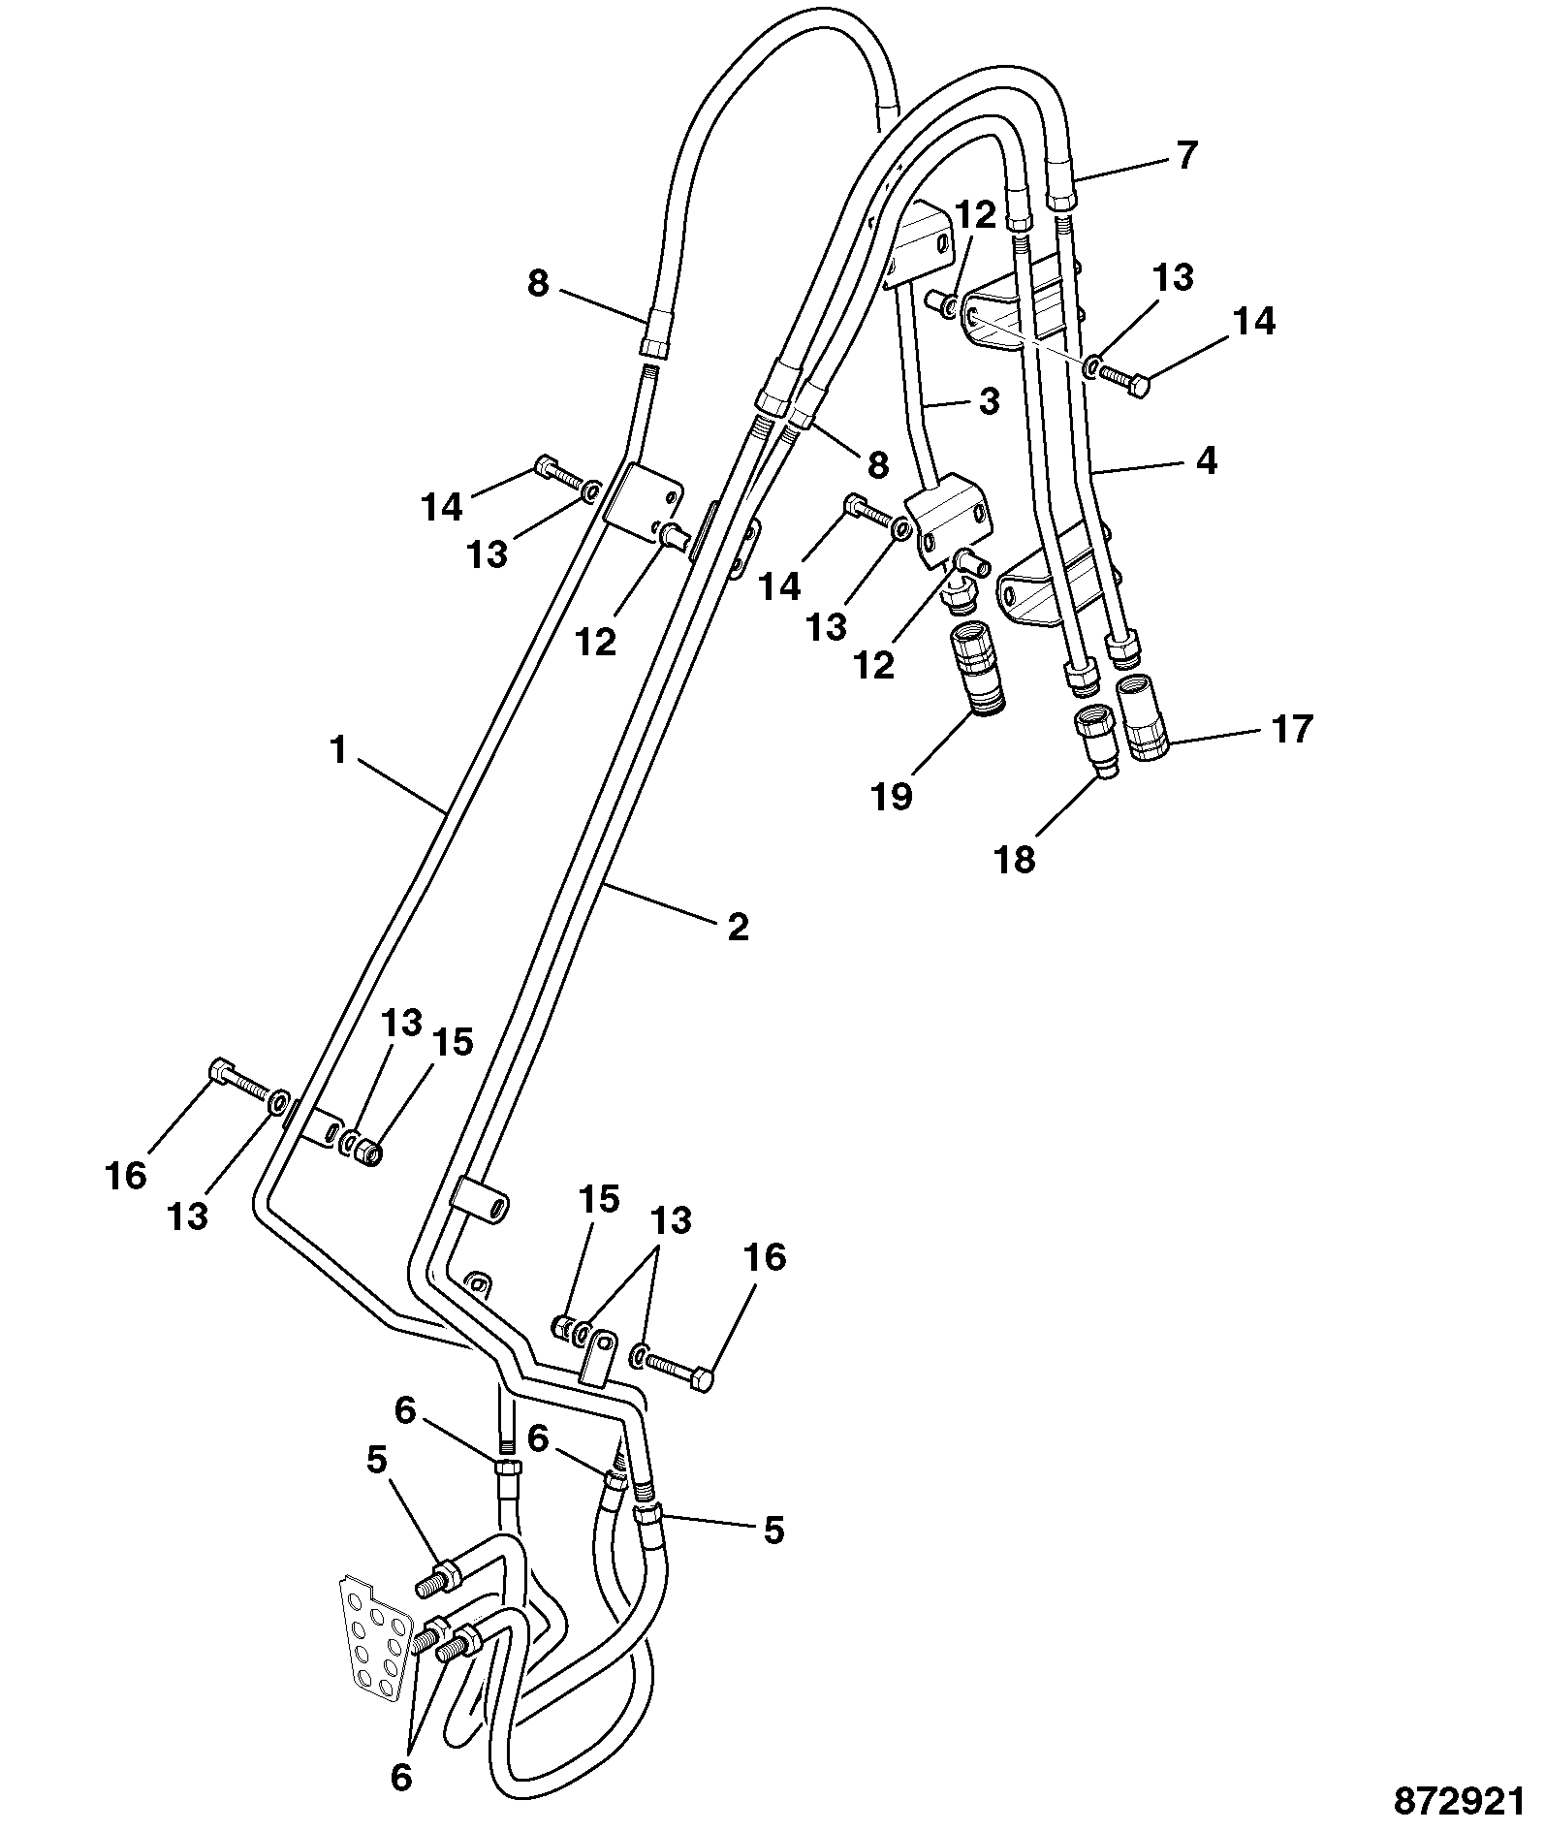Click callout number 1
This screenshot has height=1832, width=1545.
pos(337,749)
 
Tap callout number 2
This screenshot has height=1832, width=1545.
pos(739,928)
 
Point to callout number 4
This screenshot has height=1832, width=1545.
pos(1205,460)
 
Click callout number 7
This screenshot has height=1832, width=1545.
pos(1187,155)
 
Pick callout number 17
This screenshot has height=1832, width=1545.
pos(1291,728)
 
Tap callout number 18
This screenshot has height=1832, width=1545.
pos(1016,859)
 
